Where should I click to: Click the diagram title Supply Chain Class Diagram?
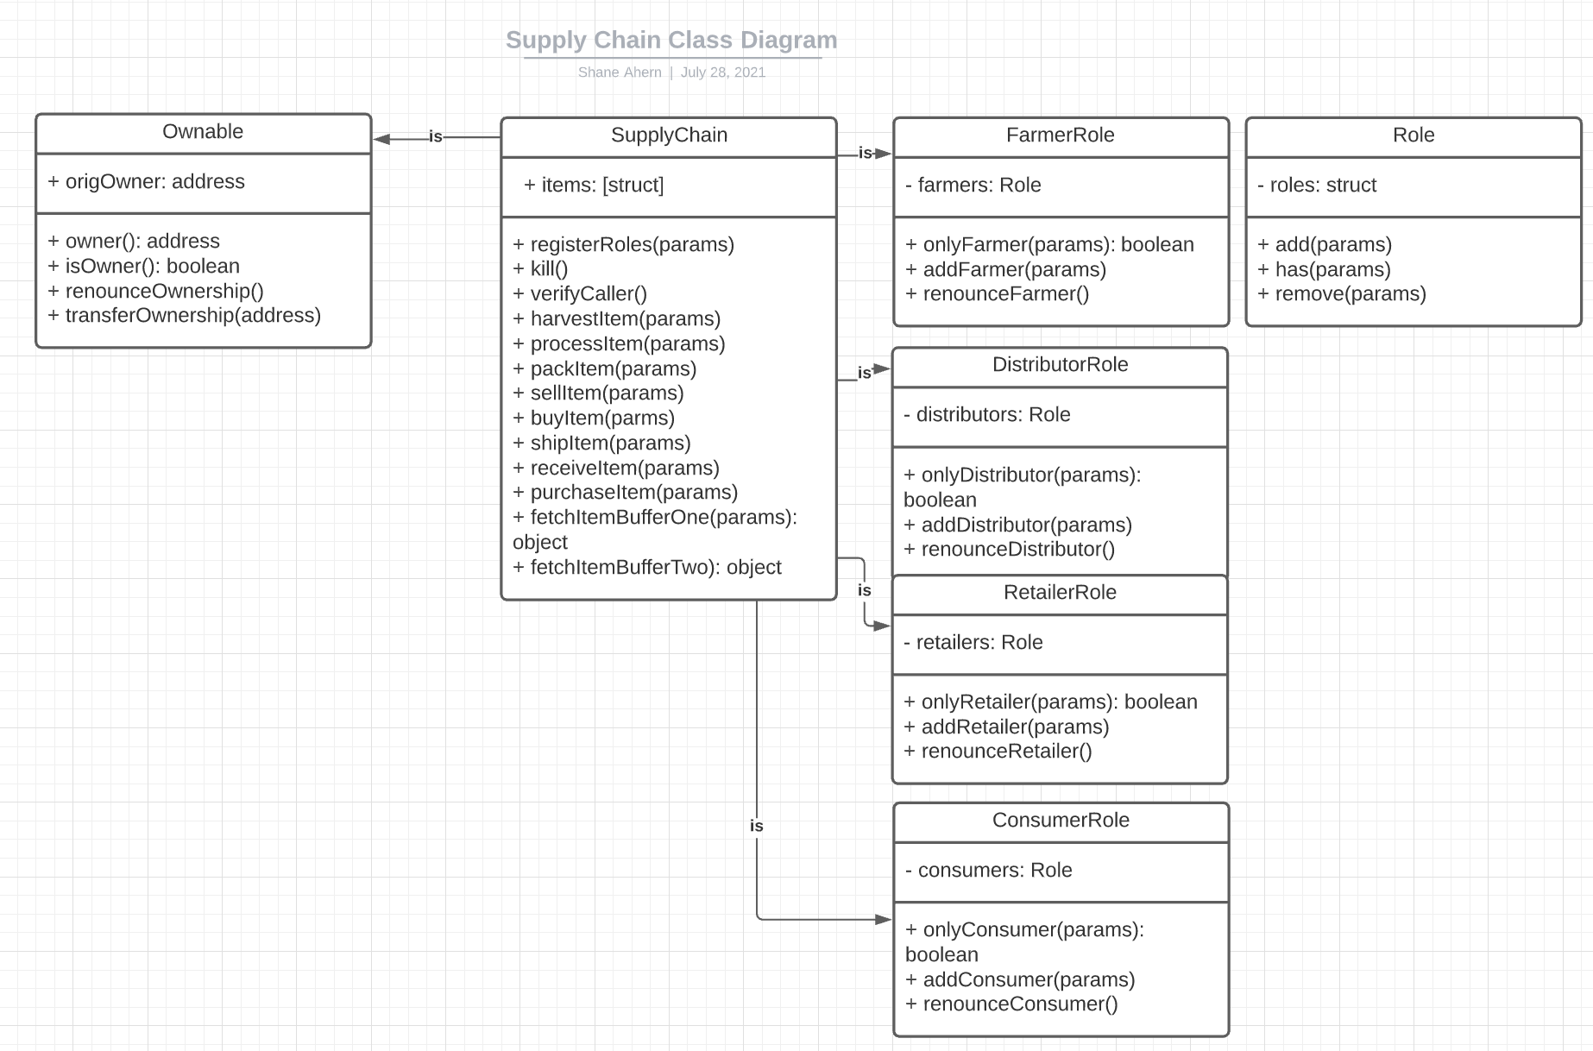[671, 40]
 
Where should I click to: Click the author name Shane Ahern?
[620, 72]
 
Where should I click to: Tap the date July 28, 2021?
[723, 72]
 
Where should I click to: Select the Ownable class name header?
[203, 132]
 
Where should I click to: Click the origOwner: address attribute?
[146, 182]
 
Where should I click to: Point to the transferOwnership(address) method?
[185, 316]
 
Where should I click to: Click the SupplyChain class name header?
[669, 135]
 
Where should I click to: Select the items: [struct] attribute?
[594, 186]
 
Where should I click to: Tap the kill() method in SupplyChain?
[541, 269]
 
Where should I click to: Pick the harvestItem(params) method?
[617, 319]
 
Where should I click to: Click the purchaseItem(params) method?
[626, 493]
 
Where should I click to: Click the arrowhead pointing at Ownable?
[381, 138]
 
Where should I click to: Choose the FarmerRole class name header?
[1060, 135]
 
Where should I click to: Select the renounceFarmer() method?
[998, 294]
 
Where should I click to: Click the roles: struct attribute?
[1317, 186]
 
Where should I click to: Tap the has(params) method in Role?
[1325, 270]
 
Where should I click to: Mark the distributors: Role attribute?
[987, 415]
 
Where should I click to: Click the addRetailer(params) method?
[1006, 727]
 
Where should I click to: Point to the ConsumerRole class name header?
[1061, 821]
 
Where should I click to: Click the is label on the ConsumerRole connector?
[757, 827]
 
